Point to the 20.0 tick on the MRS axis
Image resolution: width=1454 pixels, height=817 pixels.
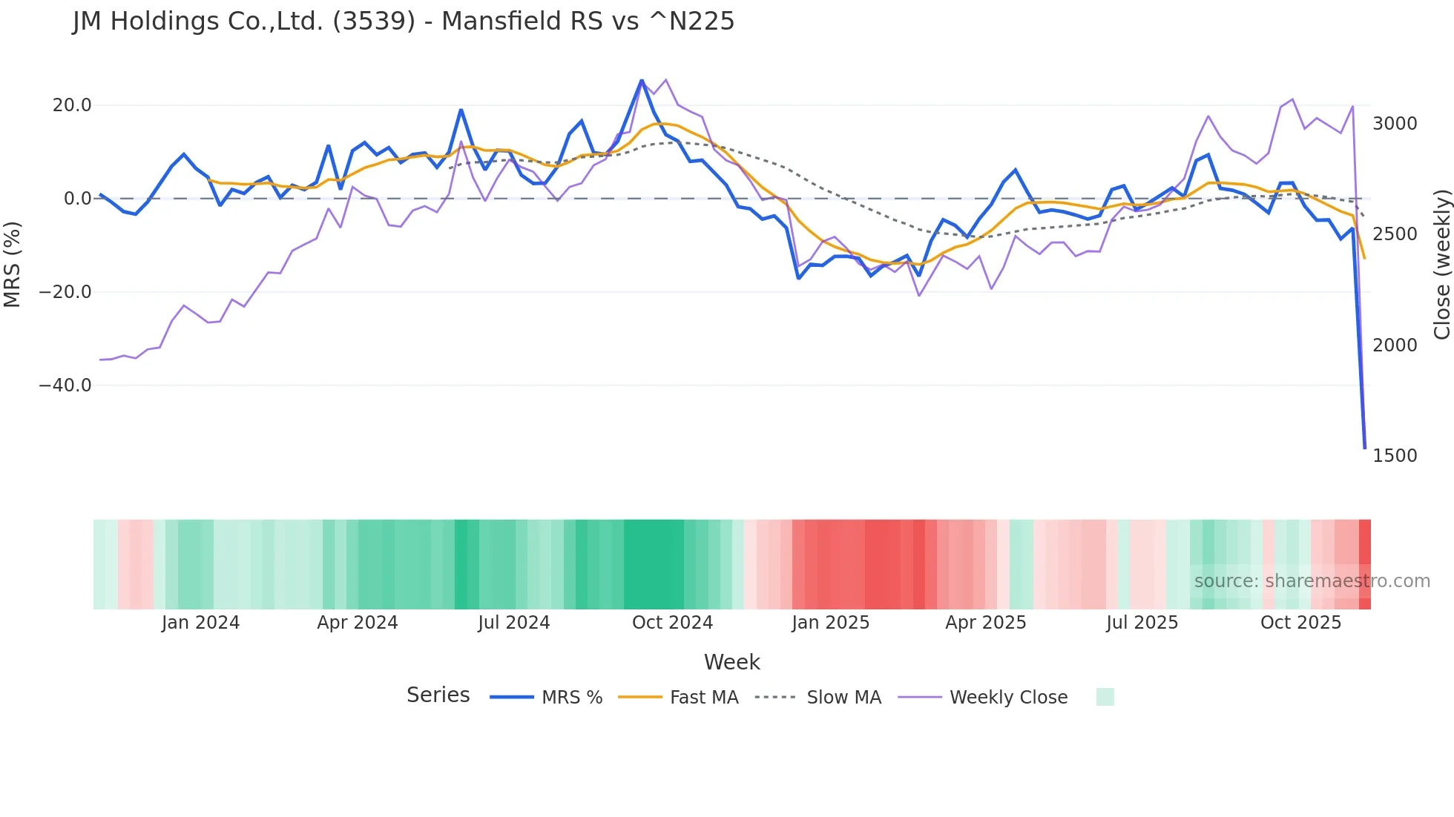(72, 105)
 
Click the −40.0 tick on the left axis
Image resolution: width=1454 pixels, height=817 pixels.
(65, 386)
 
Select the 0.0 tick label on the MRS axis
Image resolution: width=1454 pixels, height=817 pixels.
(77, 199)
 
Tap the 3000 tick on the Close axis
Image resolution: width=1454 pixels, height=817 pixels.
(1395, 124)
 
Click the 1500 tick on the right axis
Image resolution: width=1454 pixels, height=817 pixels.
(1395, 456)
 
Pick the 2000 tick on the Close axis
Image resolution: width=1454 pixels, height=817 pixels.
(1395, 345)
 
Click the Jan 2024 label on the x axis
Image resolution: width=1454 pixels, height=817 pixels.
(200, 623)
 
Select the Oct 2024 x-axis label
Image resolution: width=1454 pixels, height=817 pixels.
(672, 623)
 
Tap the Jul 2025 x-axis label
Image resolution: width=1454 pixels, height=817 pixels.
(1142, 623)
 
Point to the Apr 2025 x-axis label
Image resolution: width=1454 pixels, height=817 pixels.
(985, 623)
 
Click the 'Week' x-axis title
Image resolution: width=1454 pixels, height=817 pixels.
(731, 662)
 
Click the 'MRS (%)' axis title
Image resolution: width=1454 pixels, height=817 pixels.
(13, 264)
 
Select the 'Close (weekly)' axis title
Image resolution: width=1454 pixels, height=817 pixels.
(1441, 265)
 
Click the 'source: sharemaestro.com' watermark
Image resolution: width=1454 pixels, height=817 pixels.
(1312, 581)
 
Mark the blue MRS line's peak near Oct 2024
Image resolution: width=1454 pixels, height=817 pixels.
(642, 80)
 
